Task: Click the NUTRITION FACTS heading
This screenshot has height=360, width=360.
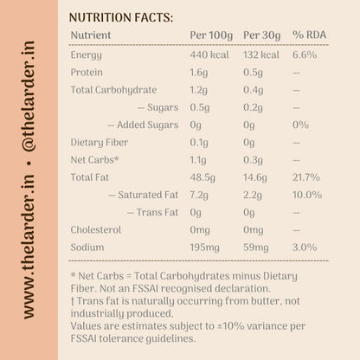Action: point(121,17)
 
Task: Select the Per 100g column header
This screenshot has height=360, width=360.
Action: point(211,35)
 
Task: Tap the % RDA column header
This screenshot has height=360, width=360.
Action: point(309,35)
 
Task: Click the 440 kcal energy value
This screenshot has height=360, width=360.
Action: point(209,55)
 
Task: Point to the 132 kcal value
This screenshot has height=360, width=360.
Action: point(261,55)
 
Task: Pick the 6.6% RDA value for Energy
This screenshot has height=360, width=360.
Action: point(305,55)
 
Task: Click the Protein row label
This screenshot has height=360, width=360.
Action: point(87,72)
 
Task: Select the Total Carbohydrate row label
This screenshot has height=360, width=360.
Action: point(113,90)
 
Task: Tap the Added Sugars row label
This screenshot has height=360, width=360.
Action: point(148,125)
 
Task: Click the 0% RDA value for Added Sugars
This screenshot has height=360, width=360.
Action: point(300,125)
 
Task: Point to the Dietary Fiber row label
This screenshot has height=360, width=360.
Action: point(100,143)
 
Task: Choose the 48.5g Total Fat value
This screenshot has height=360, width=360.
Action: point(202,177)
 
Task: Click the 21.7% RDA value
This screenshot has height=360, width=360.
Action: point(306,177)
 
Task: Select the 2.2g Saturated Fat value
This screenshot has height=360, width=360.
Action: point(253,196)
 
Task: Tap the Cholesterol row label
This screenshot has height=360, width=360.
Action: point(96,230)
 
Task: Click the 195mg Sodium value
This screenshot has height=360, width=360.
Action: point(204,247)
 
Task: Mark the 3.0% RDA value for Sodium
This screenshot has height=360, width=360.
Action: point(305,247)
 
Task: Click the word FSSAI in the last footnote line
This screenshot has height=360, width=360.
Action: point(84,338)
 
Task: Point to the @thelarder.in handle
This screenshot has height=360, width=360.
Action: point(29,96)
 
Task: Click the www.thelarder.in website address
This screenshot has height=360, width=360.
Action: point(29,247)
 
